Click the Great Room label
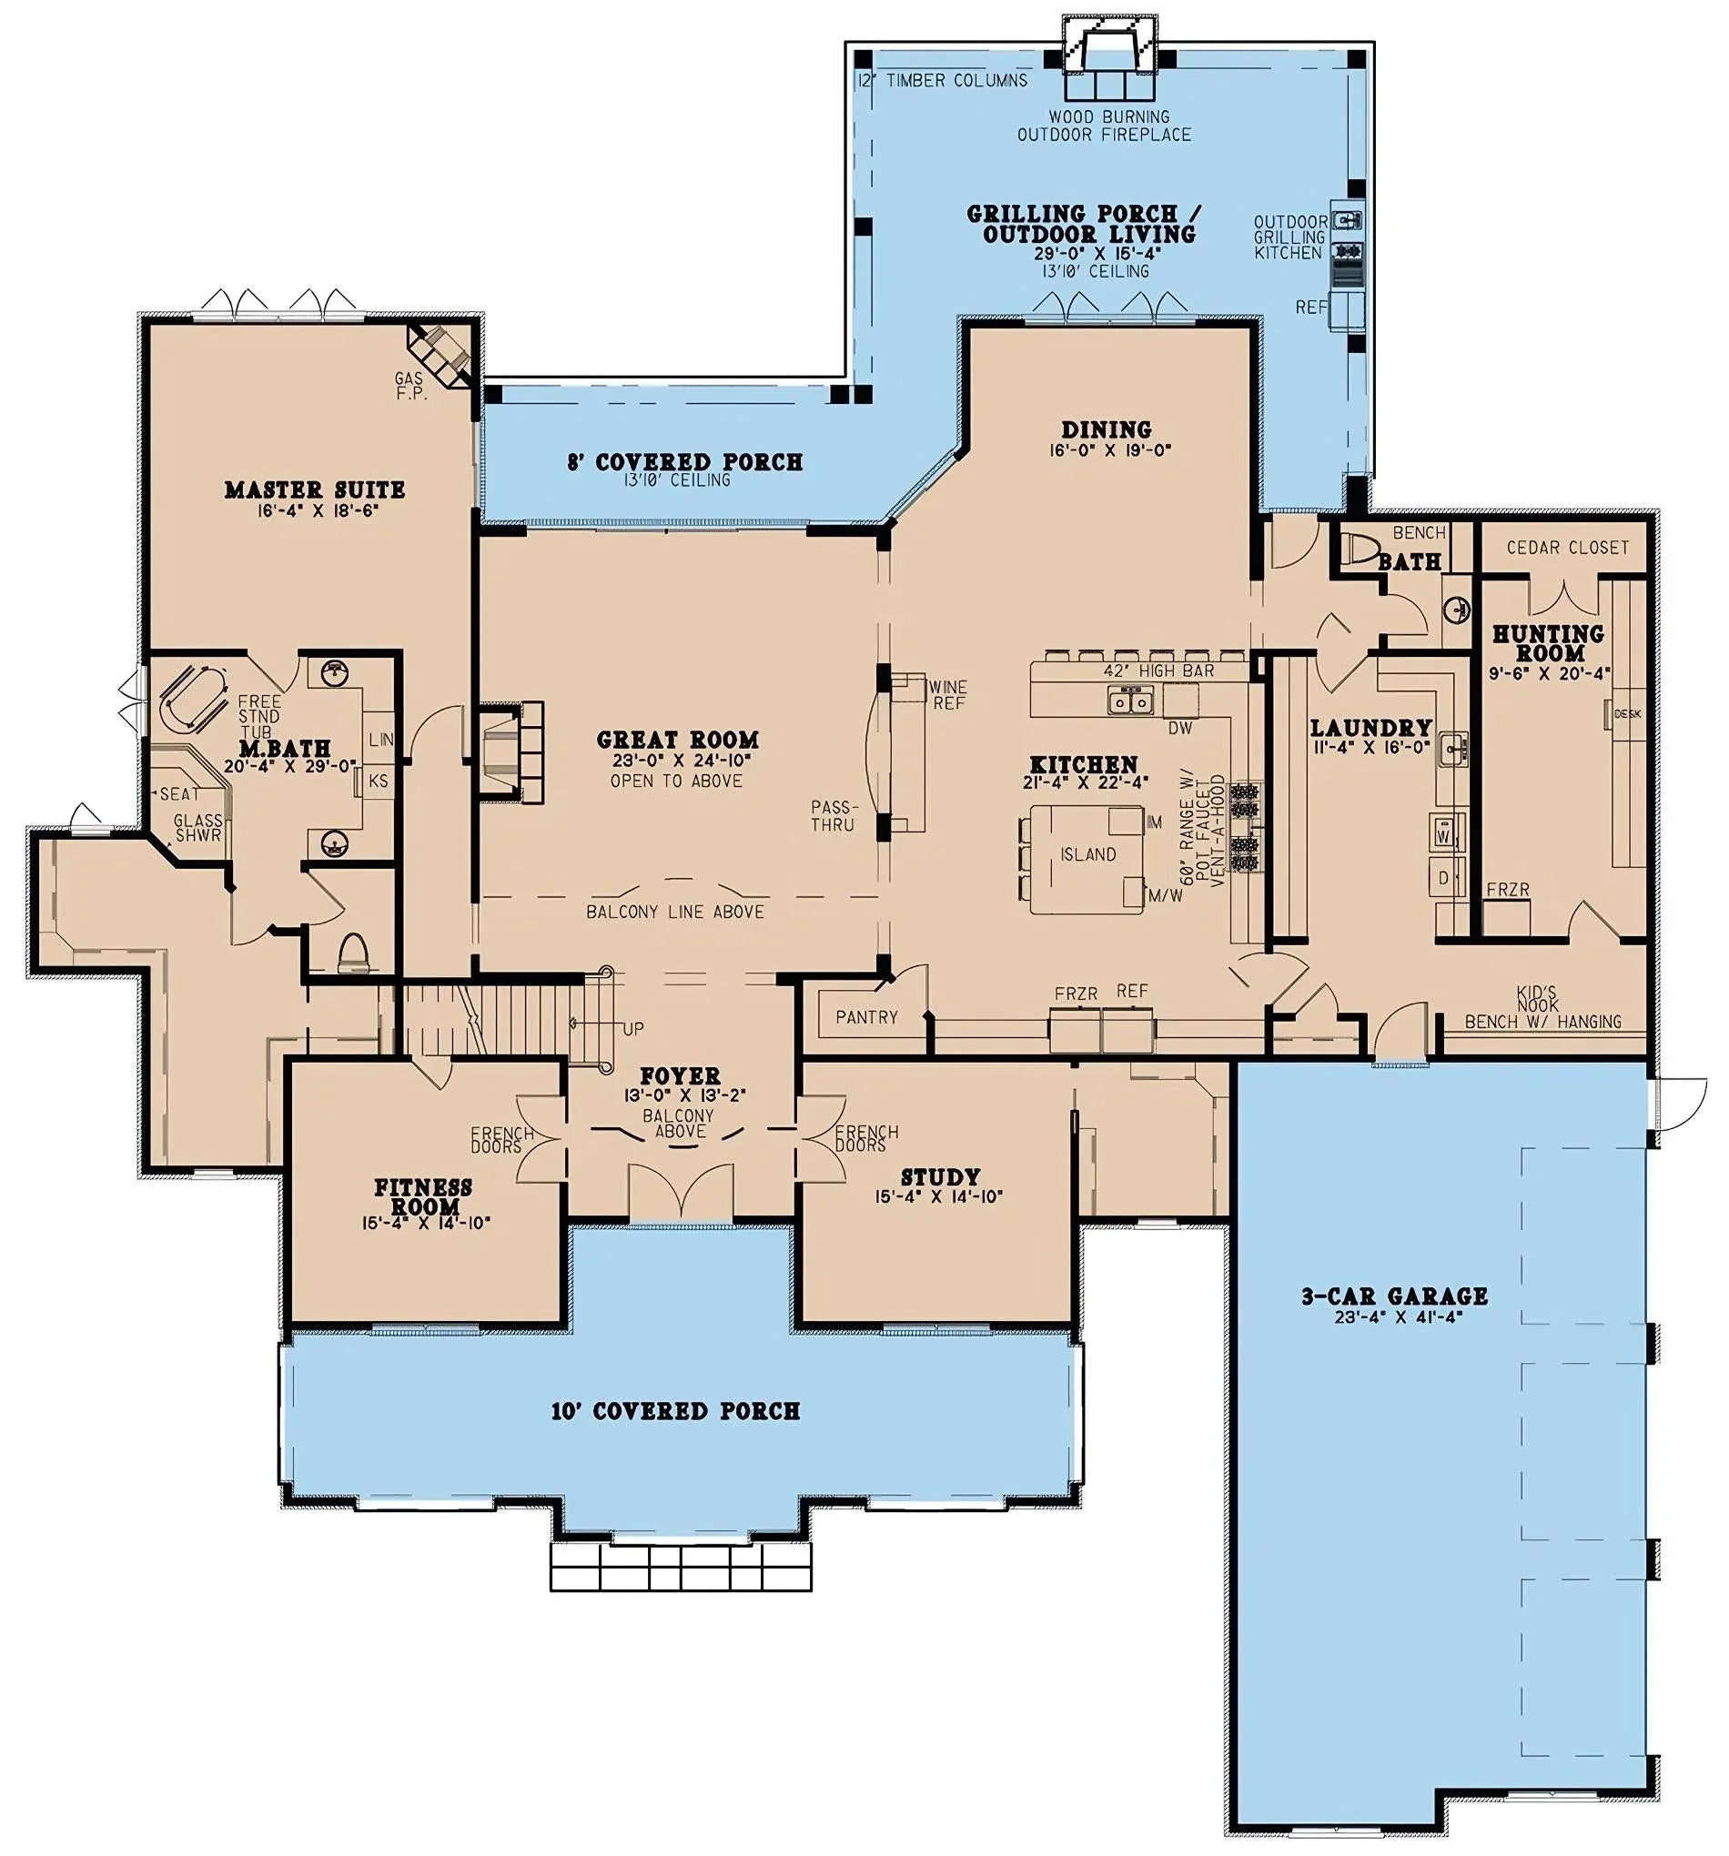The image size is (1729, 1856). [677, 741]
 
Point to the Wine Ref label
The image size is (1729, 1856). [947, 694]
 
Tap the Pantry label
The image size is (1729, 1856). [865, 1016]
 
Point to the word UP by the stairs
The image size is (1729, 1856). [633, 1029]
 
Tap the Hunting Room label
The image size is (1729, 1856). [1548, 643]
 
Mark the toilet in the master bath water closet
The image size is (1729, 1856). [353, 952]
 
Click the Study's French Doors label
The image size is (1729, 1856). [865, 1138]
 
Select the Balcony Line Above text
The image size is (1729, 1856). [674, 912]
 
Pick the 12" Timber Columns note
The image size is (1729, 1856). [942, 80]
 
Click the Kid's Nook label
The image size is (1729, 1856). [1536, 998]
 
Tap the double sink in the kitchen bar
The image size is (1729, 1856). [1129, 700]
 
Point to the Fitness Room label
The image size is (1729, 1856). [423, 1196]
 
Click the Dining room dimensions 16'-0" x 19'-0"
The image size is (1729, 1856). [1108, 449]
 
